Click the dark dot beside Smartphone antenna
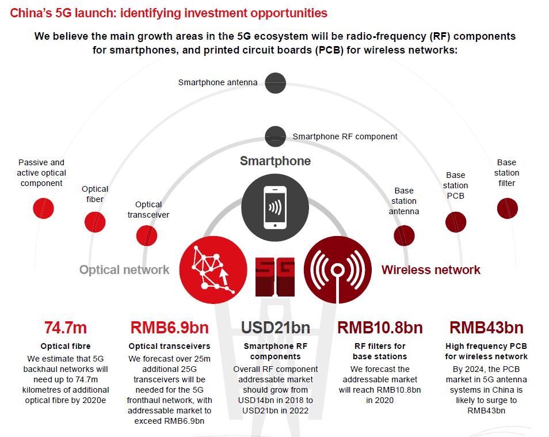point(275,83)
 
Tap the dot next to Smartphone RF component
point(275,136)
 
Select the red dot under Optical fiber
point(95,222)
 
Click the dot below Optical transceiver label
point(147,235)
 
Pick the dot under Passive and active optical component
point(43,208)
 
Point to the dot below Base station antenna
point(404,235)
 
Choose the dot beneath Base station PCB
point(456,222)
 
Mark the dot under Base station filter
point(508,208)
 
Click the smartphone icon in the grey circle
point(275,207)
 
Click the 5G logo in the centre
point(275,277)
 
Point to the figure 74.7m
point(66,328)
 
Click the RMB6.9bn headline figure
point(169,328)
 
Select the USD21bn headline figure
point(276,328)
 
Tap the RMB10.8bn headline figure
point(380,328)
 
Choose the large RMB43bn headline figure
point(486,328)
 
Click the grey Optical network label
point(124,269)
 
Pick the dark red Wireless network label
point(431,269)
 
